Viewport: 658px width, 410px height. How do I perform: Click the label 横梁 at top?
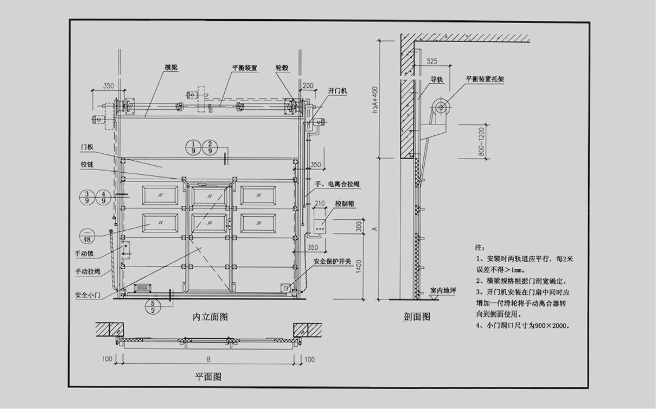point(171,68)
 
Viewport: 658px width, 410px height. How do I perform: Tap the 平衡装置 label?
point(245,68)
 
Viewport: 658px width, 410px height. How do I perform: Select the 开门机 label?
point(337,91)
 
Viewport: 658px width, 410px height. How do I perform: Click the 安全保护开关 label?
point(333,261)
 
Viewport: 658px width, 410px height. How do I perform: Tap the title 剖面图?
point(417,317)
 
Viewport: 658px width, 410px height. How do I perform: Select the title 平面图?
point(208,377)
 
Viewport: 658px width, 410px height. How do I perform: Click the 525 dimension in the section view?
point(433,60)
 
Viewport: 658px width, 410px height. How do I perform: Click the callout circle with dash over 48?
point(88,235)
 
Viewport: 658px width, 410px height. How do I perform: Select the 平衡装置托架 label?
point(485,80)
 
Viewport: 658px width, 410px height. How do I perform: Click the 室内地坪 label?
point(444,290)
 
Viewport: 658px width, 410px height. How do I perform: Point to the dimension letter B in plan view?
point(208,359)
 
